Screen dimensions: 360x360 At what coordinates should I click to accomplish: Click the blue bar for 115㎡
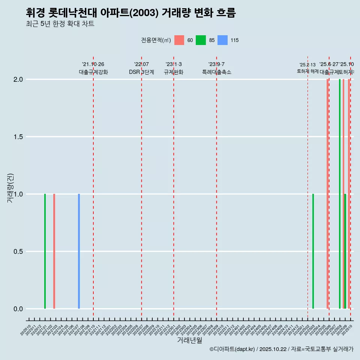79,251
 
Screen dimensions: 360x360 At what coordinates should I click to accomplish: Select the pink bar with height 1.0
54,251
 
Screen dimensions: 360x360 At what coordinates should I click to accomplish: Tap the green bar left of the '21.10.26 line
45,251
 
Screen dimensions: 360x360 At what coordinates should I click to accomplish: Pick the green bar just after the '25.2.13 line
313,251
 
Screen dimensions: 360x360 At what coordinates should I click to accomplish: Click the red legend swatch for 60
179,40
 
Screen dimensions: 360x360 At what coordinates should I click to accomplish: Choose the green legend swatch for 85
201,40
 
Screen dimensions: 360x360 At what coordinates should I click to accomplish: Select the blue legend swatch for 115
222,40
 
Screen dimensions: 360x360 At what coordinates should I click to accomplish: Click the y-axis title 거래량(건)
10,188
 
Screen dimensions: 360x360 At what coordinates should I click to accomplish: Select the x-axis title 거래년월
189,340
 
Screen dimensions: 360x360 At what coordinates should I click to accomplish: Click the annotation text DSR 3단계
141,72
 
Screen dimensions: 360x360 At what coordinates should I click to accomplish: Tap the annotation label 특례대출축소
216,72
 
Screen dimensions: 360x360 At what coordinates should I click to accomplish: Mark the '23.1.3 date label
174,64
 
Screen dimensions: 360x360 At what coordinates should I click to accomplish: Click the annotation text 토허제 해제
307,71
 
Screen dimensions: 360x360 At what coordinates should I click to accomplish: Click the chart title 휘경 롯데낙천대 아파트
131,13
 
